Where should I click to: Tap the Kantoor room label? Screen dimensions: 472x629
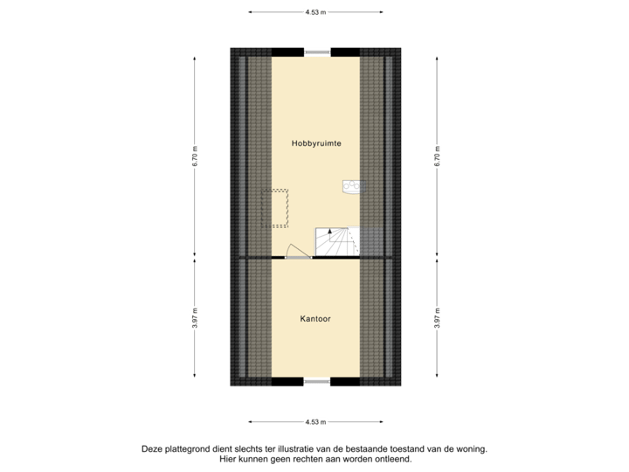pyautogui.click(x=314, y=319)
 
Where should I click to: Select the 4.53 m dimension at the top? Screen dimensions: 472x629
pyautogui.click(x=314, y=12)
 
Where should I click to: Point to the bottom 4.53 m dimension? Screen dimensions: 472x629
pyautogui.click(x=314, y=421)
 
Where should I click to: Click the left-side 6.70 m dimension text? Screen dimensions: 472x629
pyautogui.click(x=194, y=156)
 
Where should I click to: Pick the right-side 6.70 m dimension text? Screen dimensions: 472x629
pyautogui.click(x=438, y=156)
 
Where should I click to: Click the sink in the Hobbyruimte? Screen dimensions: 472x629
pyautogui.click(x=351, y=186)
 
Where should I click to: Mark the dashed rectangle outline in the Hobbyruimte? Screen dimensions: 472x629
pyautogui.click(x=277, y=208)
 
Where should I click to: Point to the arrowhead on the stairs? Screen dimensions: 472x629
pyautogui.click(x=329, y=231)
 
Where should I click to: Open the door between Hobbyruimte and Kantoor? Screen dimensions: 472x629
pyautogui.click(x=298, y=252)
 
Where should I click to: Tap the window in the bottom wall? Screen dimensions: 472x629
pyautogui.click(x=316, y=382)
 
